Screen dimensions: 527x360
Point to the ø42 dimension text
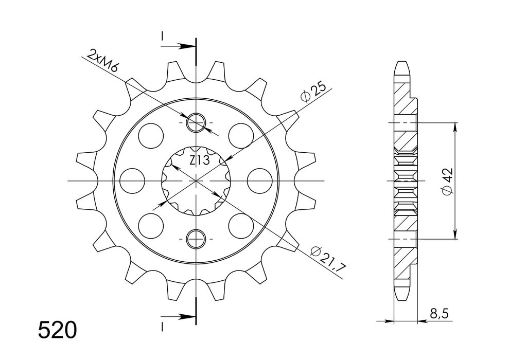447,181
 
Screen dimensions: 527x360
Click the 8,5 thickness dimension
438,314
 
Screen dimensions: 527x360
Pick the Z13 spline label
199,160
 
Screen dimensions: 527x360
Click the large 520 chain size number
57,330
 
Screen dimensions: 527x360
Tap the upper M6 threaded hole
196,122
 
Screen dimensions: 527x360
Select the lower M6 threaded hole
196,239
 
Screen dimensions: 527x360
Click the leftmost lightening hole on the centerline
132,181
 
